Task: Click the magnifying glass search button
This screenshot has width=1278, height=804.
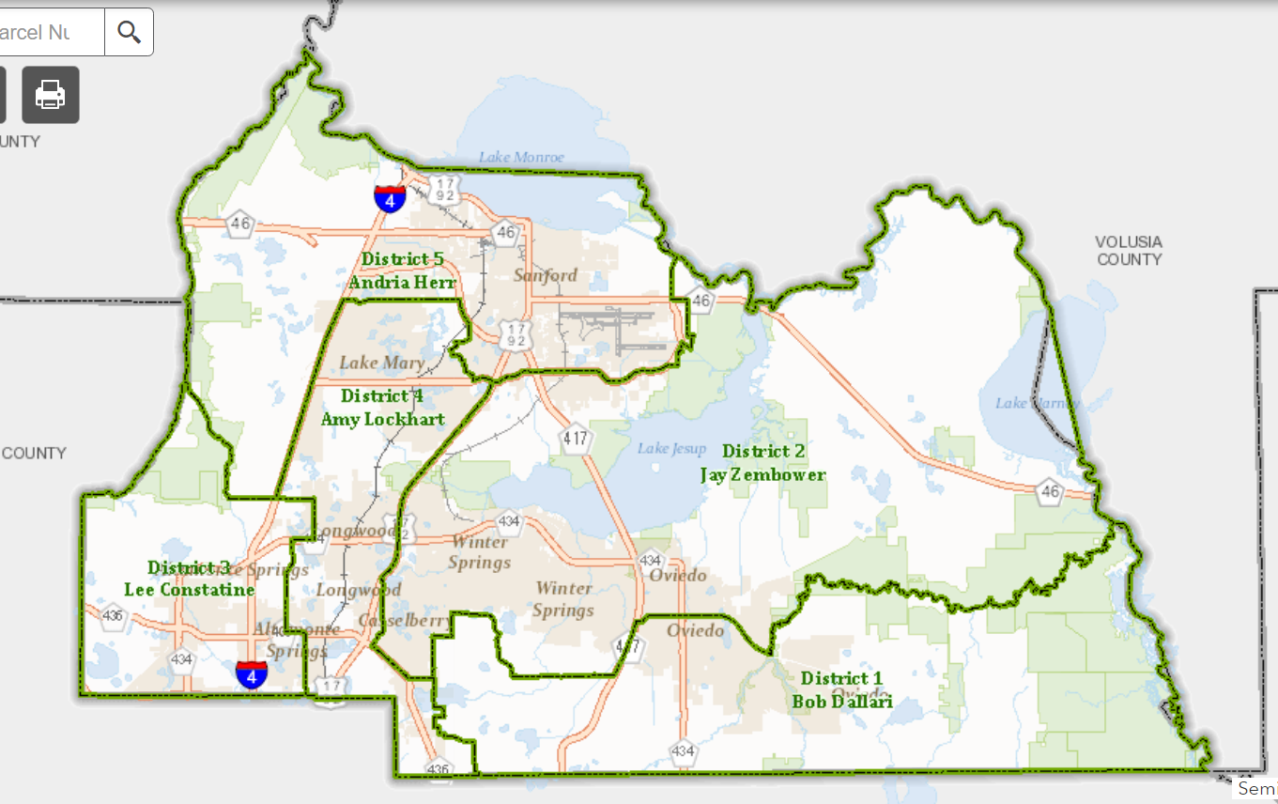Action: pyautogui.click(x=129, y=32)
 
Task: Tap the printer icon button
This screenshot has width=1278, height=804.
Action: pyautogui.click(x=51, y=94)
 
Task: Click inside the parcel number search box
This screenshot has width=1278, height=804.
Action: pyautogui.click(x=47, y=32)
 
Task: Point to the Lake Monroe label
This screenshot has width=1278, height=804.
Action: pyautogui.click(x=521, y=157)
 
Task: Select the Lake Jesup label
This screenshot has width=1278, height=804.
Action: pyautogui.click(x=671, y=448)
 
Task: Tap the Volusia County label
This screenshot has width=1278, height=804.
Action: pyautogui.click(x=1129, y=251)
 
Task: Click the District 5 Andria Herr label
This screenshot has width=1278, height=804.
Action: pyautogui.click(x=402, y=271)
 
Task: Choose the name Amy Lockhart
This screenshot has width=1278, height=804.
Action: pyautogui.click(x=383, y=419)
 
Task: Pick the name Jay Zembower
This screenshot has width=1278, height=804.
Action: pyautogui.click(x=763, y=474)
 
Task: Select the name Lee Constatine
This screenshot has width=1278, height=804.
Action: pyautogui.click(x=190, y=590)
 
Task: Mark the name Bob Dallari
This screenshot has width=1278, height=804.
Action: pyautogui.click(x=841, y=701)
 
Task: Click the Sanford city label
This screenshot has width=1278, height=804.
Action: pyautogui.click(x=546, y=275)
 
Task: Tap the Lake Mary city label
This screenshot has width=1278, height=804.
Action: pyautogui.click(x=382, y=363)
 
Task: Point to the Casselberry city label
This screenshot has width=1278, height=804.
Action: pyautogui.click(x=392, y=621)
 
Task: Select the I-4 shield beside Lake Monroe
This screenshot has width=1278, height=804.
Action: pyautogui.click(x=390, y=198)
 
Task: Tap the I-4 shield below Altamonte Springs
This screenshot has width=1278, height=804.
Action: pyautogui.click(x=251, y=673)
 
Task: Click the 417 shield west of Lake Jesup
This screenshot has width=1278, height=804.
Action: pyautogui.click(x=575, y=437)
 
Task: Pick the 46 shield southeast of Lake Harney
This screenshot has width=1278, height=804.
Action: pyautogui.click(x=1050, y=490)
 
